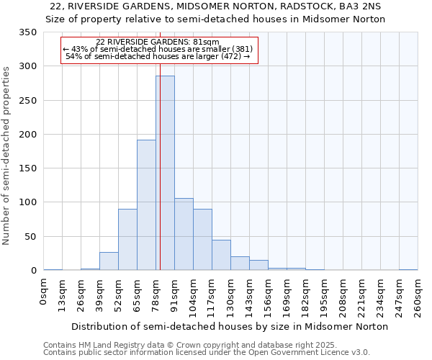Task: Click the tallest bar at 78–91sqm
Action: [x=165, y=173]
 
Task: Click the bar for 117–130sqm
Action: [x=221, y=256]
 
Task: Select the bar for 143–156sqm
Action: [x=258, y=265]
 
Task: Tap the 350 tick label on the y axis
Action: [x=28, y=33]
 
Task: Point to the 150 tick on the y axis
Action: [x=28, y=168]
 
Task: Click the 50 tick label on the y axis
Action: [x=31, y=237]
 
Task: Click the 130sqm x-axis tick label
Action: [x=231, y=295]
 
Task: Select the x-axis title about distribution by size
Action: [x=230, y=326]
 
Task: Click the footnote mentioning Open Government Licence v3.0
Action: [x=207, y=353]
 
